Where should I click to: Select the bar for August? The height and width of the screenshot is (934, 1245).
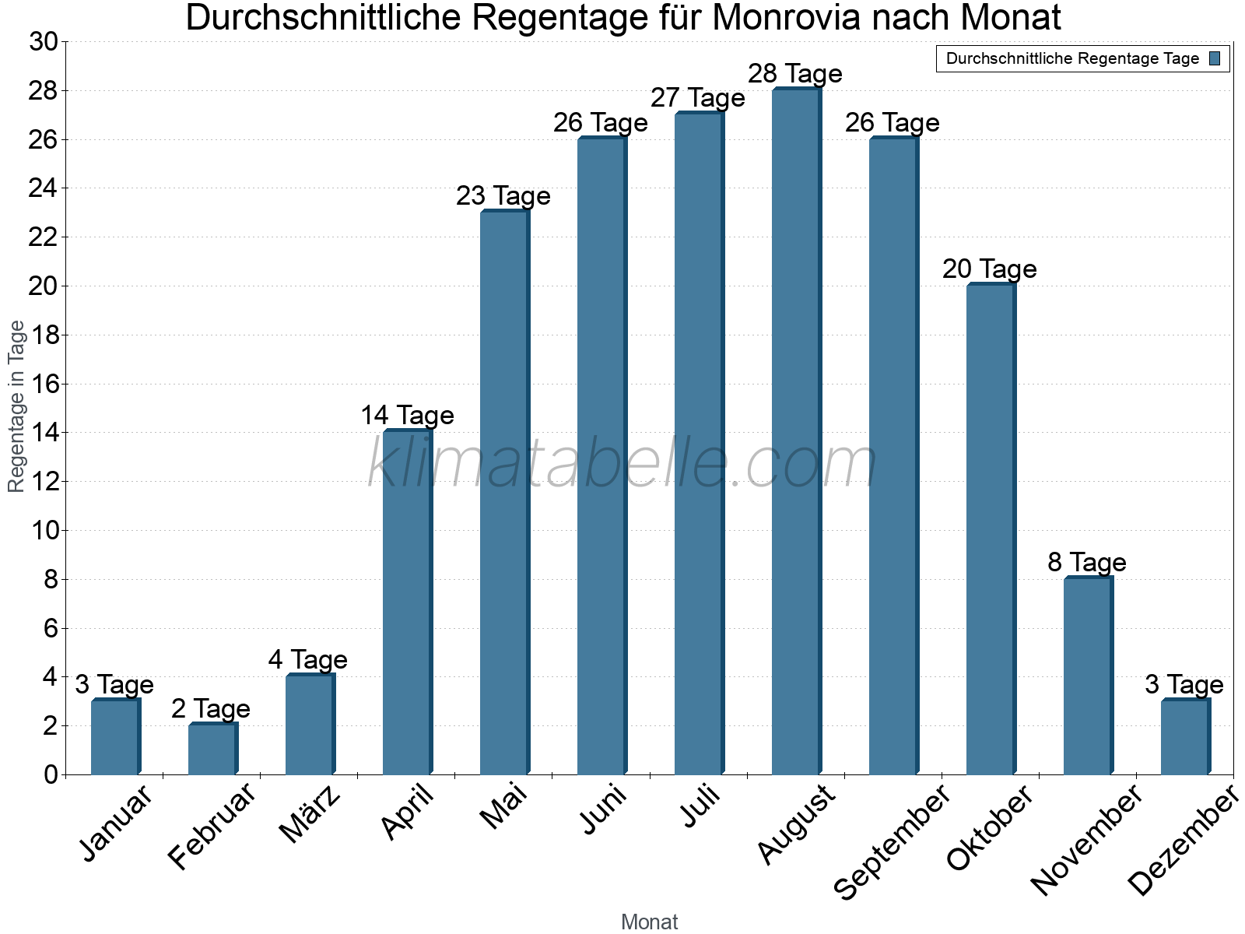795,432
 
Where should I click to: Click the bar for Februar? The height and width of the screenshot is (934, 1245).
212,749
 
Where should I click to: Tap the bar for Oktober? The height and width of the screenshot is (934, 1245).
990,529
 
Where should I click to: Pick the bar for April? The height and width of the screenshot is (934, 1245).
406,602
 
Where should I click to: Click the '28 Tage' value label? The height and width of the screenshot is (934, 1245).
795,74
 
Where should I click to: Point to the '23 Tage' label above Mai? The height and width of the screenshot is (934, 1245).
503,196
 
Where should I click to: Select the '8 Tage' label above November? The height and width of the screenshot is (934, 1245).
1087,562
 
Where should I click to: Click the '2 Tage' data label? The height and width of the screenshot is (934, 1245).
211,709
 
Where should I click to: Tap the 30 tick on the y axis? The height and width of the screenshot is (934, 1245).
44,42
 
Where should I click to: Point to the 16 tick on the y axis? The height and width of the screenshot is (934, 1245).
44,384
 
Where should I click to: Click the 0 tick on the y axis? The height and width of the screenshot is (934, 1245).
51,774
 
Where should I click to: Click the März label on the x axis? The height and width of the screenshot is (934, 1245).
310,814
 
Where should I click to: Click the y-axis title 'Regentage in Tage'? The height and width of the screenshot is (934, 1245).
17,406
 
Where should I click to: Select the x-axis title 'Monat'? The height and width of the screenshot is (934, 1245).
649,922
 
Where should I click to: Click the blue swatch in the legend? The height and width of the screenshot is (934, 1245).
1215,58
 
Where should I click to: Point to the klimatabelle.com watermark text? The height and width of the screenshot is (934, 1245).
622,464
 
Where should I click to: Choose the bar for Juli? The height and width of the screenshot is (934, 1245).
698,444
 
